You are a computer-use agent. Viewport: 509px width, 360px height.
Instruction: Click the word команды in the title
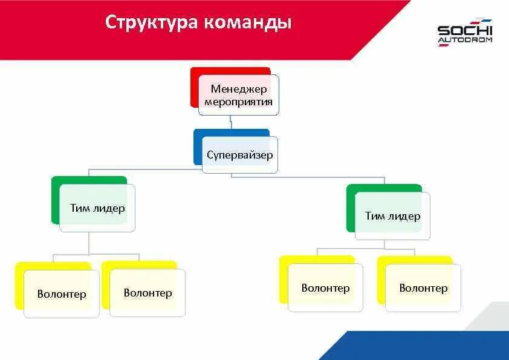point(248,22)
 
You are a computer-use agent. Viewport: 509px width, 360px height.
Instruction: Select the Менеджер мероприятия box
point(238,95)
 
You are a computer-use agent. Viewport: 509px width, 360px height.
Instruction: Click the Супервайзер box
point(240,155)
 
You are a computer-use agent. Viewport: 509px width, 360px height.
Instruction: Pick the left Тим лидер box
point(97,208)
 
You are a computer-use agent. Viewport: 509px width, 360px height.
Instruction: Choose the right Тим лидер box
point(392,216)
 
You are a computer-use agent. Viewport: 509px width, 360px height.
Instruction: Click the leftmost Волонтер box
point(61,294)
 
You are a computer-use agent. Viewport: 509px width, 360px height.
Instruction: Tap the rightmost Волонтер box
point(423,288)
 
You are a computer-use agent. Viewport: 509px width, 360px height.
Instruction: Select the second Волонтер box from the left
point(148,293)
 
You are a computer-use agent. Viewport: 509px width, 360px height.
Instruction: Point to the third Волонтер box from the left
point(325,288)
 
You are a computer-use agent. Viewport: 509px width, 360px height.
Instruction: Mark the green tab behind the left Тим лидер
point(56,200)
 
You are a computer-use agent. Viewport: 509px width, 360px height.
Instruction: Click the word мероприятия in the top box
point(238,102)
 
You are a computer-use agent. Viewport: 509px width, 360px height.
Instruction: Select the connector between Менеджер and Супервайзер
point(232,122)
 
